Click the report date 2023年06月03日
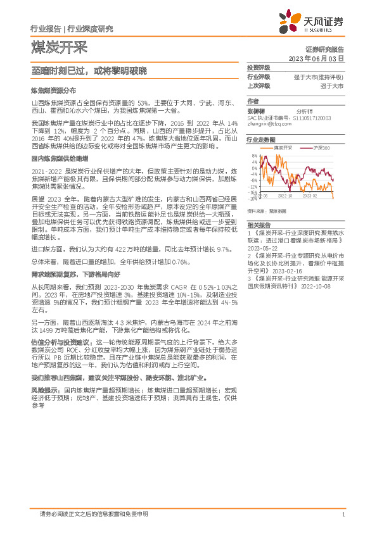(316, 58)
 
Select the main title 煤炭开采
(59, 47)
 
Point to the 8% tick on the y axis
(254, 156)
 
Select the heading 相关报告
(259, 225)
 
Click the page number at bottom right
(343, 515)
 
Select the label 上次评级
(258, 85)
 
